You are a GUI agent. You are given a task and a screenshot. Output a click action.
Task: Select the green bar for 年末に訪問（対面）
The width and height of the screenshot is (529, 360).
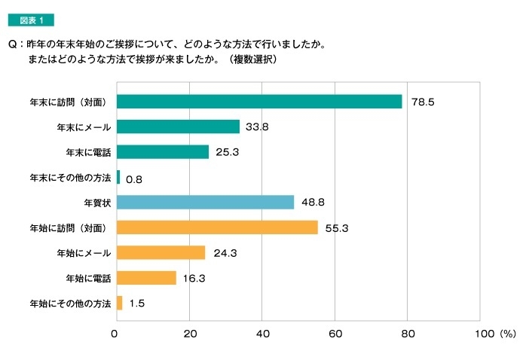[x=259, y=102]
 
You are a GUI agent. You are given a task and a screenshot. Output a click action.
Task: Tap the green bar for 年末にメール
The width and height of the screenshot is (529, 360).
[x=179, y=127]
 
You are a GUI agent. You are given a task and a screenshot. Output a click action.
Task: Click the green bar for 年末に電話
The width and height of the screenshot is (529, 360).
[x=163, y=151]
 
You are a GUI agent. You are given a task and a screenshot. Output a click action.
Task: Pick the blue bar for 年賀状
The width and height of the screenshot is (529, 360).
[x=206, y=202]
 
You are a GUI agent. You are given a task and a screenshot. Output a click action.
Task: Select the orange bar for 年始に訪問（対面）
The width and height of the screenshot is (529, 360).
[x=217, y=227]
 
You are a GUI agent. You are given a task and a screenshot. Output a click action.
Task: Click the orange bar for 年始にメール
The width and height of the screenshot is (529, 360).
[x=161, y=252]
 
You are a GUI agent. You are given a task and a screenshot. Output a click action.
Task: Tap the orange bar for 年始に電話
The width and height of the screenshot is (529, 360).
[x=147, y=278]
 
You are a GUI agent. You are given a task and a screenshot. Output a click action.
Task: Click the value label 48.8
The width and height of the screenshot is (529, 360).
[x=313, y=203]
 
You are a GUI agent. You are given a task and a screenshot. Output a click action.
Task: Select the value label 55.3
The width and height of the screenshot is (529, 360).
[x=337, y=227]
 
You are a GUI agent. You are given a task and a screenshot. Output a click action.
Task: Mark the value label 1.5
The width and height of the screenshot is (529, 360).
[x=137, y=304]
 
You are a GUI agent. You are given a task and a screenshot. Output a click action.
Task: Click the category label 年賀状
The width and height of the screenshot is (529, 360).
[x=97, y=202]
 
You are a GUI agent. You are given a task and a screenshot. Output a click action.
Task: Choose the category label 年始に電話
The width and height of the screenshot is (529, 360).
[x=88, y=278]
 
